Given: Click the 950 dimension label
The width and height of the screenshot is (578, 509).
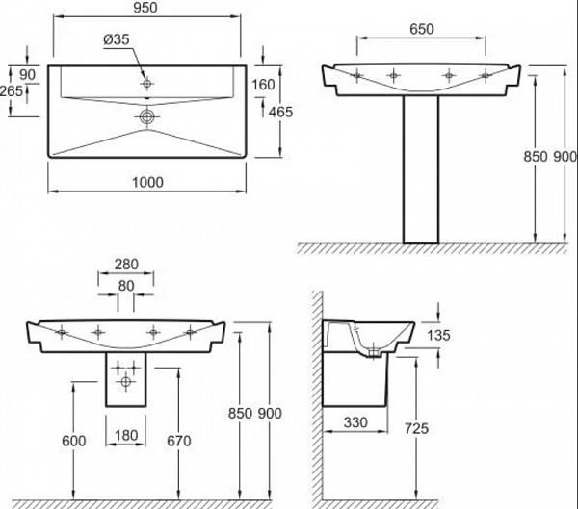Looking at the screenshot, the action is click(x=145, y=8).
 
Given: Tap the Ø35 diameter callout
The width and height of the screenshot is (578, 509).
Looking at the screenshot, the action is click(x=117, y=39).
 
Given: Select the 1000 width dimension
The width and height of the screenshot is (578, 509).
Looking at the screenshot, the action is click(x=147, y=182).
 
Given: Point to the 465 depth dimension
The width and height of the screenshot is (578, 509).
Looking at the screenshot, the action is click(x=280, y=112).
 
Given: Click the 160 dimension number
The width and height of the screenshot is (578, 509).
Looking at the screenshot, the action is click(x=263, y=85).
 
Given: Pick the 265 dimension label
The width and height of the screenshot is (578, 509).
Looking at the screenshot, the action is click(x=12, y=90).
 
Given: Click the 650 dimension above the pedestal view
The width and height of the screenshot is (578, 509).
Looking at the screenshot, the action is click(x=422, y=29).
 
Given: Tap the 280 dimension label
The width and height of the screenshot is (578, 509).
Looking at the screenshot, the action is click(x=126, y=264).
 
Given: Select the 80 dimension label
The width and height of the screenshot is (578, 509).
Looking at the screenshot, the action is click(x=126, y=286).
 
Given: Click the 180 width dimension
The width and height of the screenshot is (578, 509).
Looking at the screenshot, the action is click(x=126, y=435).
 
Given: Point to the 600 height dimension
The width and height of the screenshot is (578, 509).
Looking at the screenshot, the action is click(x=74, y=441).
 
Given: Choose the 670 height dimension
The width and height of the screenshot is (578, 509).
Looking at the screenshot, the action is click(x=179, y=441).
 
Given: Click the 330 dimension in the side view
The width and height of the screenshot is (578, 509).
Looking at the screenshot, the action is click(x=355, y=422).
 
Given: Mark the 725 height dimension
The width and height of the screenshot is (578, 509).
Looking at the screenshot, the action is click(x=416, y=428).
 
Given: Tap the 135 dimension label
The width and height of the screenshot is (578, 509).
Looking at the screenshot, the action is click(x=438, y=335).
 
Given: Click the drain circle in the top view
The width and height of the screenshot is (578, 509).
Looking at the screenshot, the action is click(x=146, y=117).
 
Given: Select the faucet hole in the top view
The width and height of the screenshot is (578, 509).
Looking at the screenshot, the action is click(x=147, y=84).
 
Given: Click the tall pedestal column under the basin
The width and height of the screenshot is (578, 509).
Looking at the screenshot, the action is click(x=421, y=169).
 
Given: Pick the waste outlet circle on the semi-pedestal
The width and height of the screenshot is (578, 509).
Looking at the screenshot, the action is click(x=125, y=382).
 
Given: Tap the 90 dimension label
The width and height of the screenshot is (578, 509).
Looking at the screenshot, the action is click(x=27, y=75).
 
